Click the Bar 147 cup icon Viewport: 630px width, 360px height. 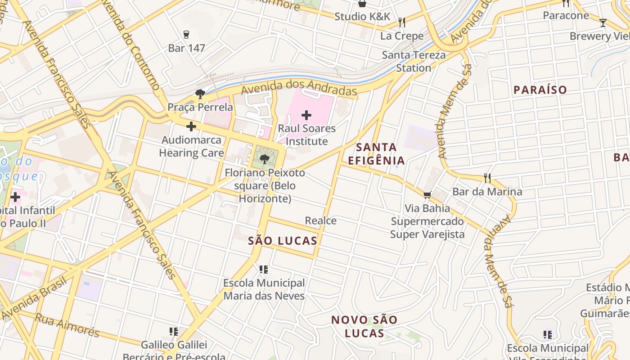pos(186,34)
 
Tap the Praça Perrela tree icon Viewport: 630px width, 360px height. pos(200,94)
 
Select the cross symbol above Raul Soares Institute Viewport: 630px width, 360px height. pos(306,115)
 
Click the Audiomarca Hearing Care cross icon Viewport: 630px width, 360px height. pos(191,126)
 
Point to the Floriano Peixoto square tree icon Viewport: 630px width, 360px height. pos(265,158)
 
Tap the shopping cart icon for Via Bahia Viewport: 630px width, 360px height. pos(427,195)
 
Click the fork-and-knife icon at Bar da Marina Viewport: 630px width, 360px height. pos(487,178)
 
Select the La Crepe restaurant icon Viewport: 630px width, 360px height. pos(402,22)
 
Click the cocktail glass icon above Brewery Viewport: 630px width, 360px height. pos(603,22)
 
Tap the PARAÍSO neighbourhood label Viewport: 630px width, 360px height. pos(540,90)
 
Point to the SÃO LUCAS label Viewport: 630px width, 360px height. pos(283,241)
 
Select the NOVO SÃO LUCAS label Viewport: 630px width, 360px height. pos(364,327)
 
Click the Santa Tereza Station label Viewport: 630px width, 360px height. pos(414,62)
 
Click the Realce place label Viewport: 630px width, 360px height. pos(320,220)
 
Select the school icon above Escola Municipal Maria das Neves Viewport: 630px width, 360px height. pos(264,269)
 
